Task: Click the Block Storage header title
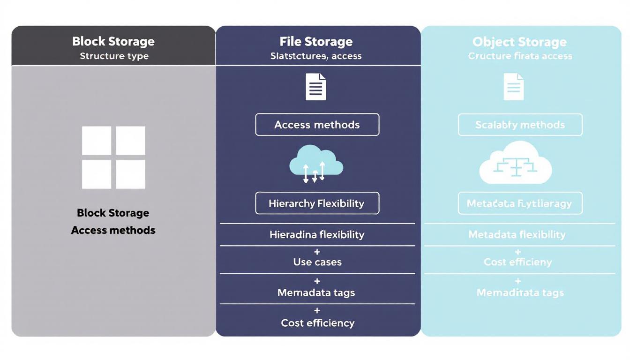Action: tap(113, 41)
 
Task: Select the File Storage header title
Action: tap(316, 41)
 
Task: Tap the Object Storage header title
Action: tap(519, 42)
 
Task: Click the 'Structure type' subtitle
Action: tap(114, 56)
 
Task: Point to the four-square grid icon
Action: tap(113, 157)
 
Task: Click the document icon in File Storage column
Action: tap(316, 87)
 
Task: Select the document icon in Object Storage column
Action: tap(513, 87)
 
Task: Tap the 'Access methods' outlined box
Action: tap(317, 125)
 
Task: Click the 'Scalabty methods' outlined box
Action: tap(520, 125)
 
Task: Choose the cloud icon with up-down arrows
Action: tap(316, 164)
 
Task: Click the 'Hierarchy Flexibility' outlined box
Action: tap(317, 203)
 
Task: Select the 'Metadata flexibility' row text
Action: tap(517, 234)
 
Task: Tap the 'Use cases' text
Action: tap(317, 262)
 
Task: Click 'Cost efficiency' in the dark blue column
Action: tap(317, 323)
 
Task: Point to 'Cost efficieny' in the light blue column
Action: tap(517, 262)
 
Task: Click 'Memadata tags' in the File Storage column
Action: tap(316, 293)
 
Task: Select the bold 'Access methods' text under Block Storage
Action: tap(113, 230)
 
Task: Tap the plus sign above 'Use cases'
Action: tap(317, 252)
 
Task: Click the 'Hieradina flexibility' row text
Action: tap(317, 234)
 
